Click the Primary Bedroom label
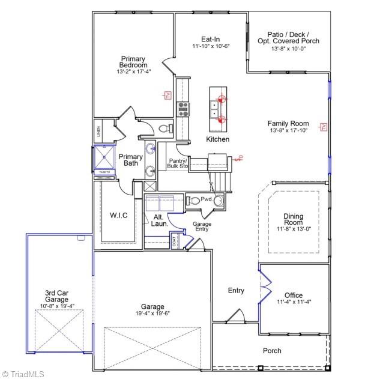pos(134,62)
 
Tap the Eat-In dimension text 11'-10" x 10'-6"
pos(211,46)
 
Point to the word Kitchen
pos(218,139)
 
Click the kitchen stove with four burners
pos(183,109)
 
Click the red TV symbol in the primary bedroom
pos(169,95)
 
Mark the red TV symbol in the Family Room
pos(323,126)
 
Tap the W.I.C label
pos(118,216)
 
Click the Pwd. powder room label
pos(206,199)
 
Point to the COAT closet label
pos(175,242)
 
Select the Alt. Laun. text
pos(159,220)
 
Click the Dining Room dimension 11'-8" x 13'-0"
pos(294,229)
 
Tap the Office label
pos(294,295)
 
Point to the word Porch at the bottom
pos(272,351)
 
